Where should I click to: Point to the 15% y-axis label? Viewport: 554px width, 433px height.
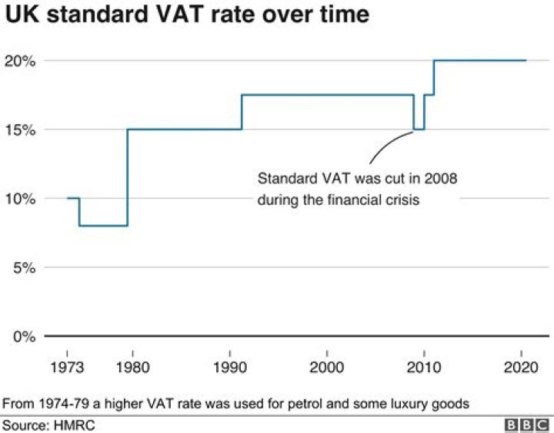click(x=23, y=129)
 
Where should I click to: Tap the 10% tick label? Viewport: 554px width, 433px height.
click(x=23, y=199)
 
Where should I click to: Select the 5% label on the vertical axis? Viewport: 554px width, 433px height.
click(x=26, y=267)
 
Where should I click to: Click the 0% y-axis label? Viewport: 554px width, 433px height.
click(x=26, y=337)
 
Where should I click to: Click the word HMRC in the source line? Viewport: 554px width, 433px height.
click(x=74, y=425)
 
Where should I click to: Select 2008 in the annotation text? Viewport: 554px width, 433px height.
click(x=442, y=180)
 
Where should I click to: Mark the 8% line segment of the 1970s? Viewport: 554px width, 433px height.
click(x=103, y=226)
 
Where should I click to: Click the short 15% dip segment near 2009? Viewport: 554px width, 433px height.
click(x=419, y=129)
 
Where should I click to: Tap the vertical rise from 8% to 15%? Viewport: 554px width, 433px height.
click(x=127, y=177)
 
